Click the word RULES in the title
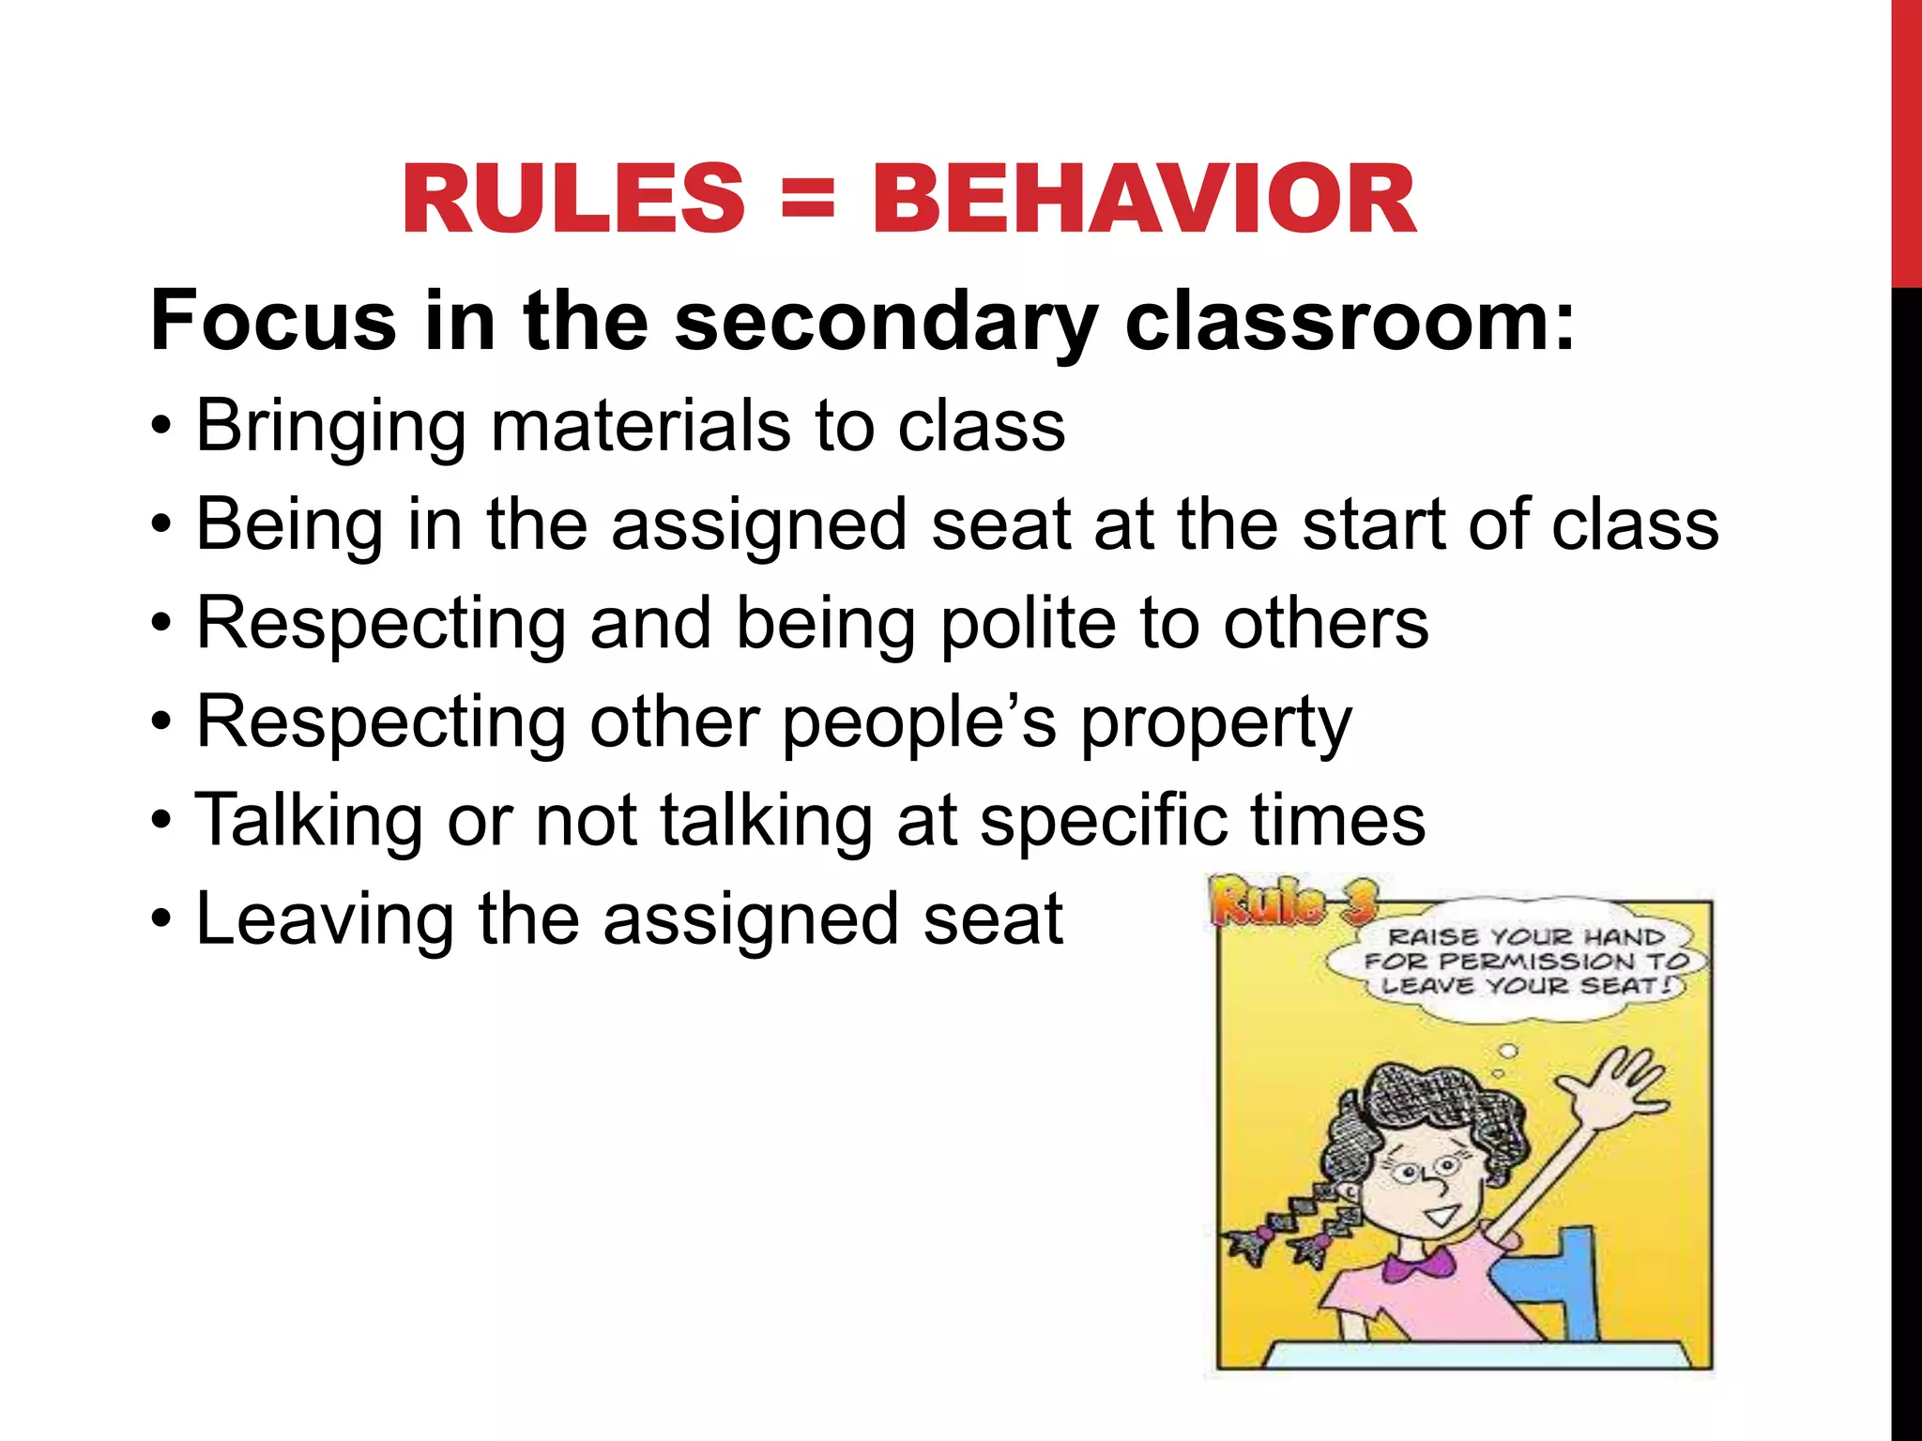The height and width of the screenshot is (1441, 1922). click(573, 200)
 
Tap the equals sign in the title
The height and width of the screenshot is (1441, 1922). click(807, 200)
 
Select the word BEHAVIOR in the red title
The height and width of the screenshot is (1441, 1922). click(1144, 200)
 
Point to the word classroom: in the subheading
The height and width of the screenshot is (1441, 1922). click(1350, 322)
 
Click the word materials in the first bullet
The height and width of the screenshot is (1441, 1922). click(641, 427)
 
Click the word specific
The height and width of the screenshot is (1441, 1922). click(1103, 822)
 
